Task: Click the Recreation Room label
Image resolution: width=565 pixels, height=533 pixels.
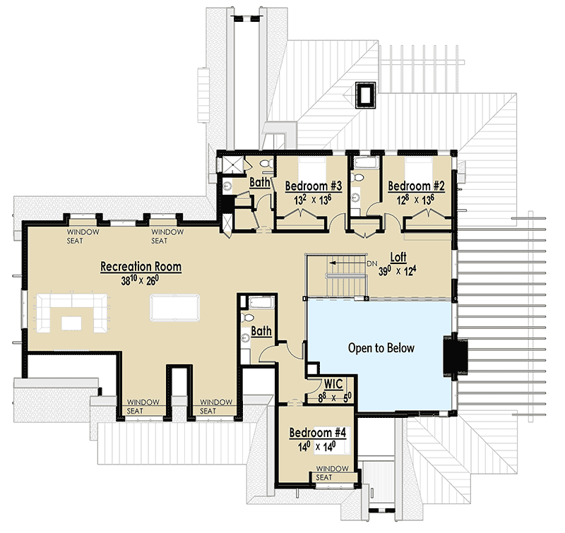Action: click(x=141, y=267)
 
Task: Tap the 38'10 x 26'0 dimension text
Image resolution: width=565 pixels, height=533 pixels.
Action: click(x=140, y=280)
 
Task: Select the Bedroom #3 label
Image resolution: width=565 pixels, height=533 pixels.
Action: click(x=314, y=186)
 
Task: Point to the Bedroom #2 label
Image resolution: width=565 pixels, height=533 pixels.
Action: click(x=416, y=186)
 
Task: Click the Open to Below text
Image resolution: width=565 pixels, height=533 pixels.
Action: click(x=381, y=348)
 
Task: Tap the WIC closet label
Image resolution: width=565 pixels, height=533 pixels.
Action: click(x=333, y=385)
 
